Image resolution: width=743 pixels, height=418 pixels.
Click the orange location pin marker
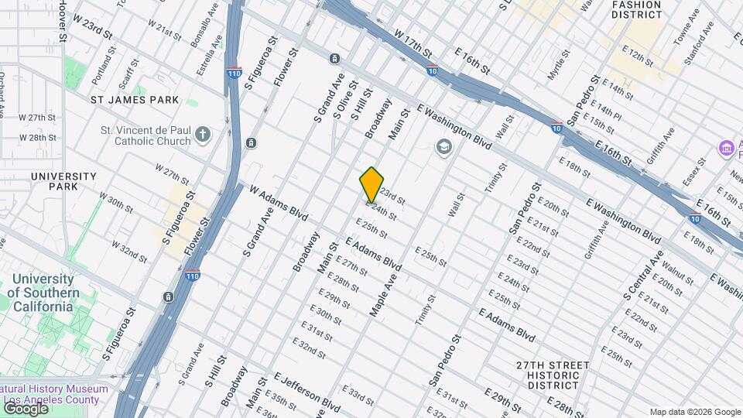[371, 184]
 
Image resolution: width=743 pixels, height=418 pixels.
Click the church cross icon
[203, 135]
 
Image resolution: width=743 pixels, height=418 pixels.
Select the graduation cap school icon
[444, 146]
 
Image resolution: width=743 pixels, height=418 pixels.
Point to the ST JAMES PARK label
[135, 100]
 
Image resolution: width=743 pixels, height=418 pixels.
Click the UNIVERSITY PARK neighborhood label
[64, 181]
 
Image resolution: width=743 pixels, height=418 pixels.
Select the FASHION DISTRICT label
[637, 9]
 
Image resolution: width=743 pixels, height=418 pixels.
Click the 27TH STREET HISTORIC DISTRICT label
[553, 375]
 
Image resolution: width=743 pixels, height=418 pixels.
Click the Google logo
[25, 408]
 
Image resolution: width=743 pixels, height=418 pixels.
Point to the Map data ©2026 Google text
[694, 412]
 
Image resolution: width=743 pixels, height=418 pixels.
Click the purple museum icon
[726, 147]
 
